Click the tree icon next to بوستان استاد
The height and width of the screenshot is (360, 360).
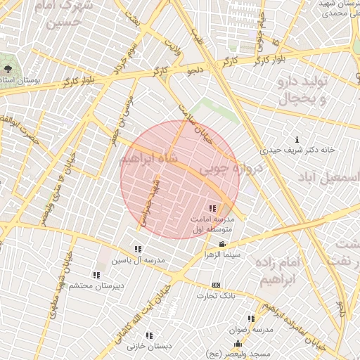8,70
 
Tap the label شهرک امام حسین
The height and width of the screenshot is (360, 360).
67,15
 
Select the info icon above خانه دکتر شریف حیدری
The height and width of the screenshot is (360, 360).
297,139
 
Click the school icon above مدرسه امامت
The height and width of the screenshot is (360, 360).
213,208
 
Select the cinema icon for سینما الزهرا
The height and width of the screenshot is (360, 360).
222,244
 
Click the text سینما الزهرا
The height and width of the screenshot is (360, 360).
221,254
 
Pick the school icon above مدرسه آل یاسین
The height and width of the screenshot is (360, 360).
138,249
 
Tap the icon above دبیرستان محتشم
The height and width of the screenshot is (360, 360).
96,275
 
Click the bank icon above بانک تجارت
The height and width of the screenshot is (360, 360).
216,285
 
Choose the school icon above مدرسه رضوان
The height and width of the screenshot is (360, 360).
251,318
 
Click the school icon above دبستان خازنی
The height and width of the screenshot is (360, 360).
149,335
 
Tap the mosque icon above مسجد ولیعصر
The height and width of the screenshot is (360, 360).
237,343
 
